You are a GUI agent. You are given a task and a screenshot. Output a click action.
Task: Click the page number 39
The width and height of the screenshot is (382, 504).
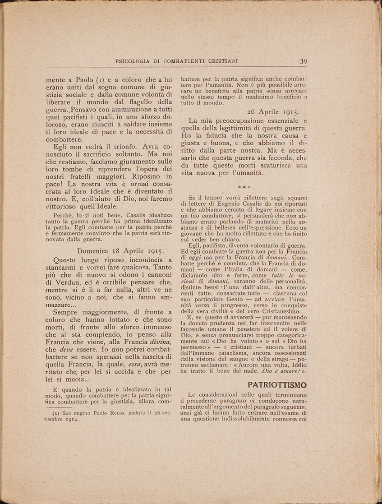(303, 62)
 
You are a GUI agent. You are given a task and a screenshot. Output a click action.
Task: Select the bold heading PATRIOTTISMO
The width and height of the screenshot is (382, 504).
(277, 384)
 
